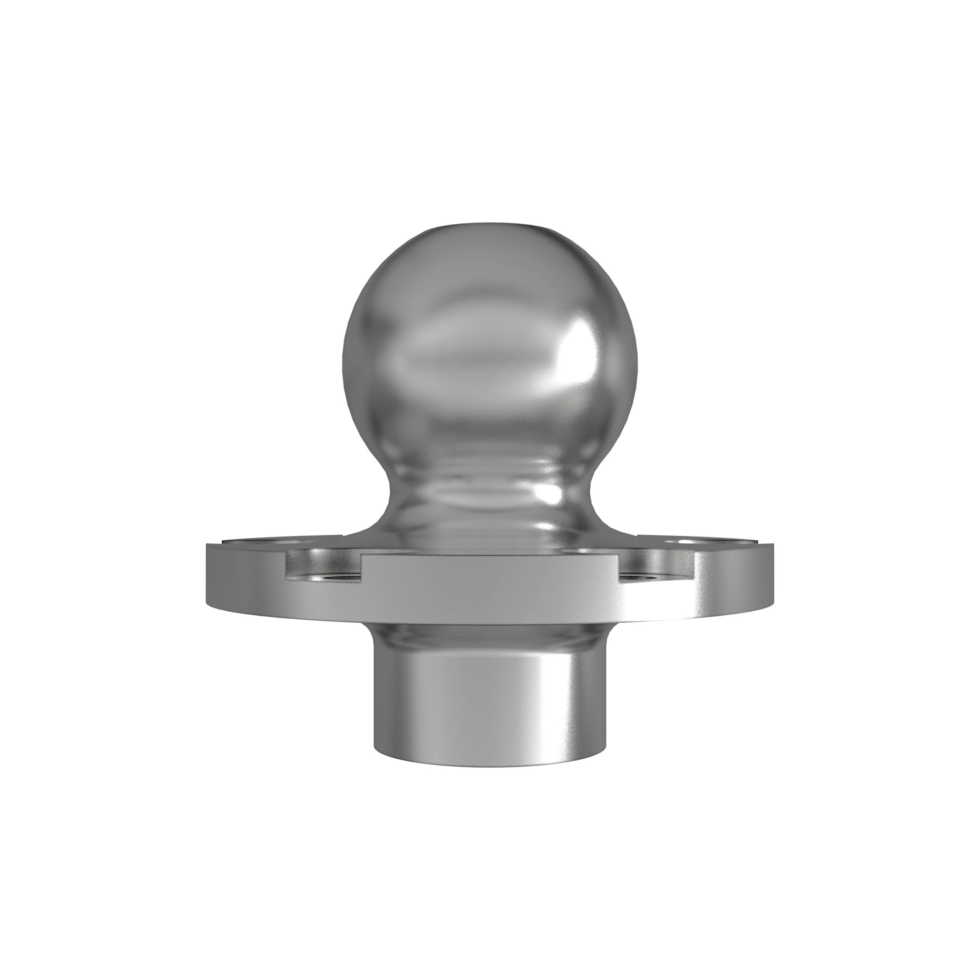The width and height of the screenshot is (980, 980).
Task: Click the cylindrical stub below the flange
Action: (490, 700)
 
